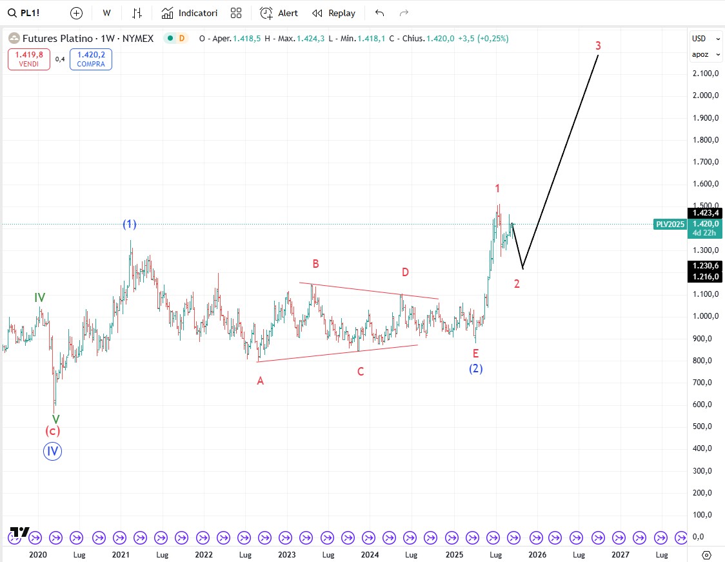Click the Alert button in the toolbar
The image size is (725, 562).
click(279, 13)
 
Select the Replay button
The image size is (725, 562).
click(333, 13)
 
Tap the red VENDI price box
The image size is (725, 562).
click(29, 59)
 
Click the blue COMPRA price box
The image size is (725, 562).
click(91, 59)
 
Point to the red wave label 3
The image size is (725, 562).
click(598, 46)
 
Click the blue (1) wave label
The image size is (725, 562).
click(130, 225)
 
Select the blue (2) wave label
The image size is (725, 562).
click(476, 368)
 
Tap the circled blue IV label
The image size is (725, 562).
click(53, 451)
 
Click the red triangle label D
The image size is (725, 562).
click(405, 272)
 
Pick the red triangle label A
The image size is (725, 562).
click(261, 381)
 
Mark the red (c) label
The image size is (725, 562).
click(53, 431)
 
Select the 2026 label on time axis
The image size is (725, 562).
click(537, 554)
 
